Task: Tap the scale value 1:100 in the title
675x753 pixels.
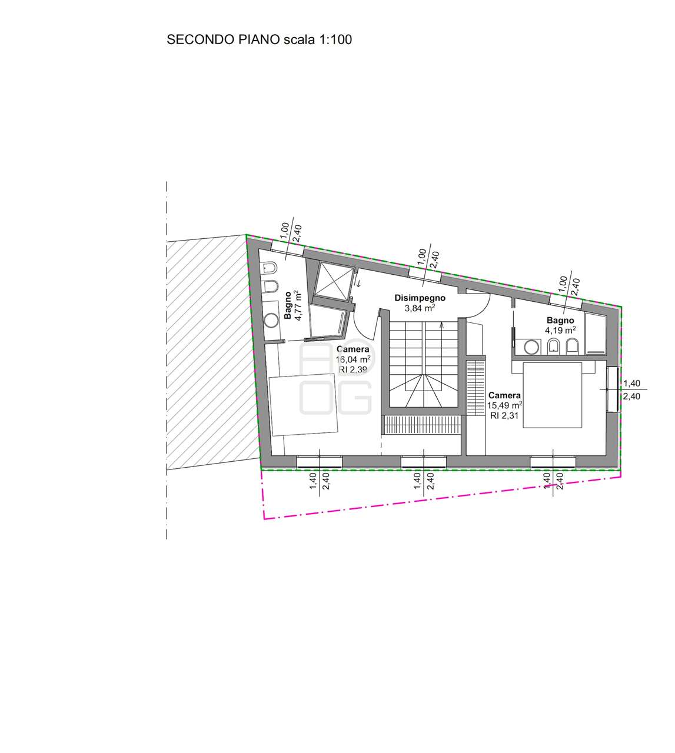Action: pos(334,39)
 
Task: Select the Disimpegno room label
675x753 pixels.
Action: pos(420,298)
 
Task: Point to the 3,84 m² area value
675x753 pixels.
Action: pos(420,308)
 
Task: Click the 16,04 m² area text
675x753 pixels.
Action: pos(353,359)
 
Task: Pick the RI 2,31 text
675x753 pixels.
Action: pos(504,415)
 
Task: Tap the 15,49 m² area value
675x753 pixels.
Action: pos(505,405)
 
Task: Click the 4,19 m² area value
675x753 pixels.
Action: pos(560,330)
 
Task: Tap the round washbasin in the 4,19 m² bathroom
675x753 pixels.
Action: pos(532,346)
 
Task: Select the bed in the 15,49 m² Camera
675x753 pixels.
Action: pos(552,395)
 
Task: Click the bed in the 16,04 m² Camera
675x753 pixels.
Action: pos(304,404)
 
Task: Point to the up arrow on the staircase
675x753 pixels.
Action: pos(441,325)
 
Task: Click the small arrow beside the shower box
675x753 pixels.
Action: pos(359,284)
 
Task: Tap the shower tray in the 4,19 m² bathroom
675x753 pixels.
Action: pos(596,332)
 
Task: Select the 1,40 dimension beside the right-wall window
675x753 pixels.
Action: pos(631,383)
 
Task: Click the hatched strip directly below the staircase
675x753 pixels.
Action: pos(422,425)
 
